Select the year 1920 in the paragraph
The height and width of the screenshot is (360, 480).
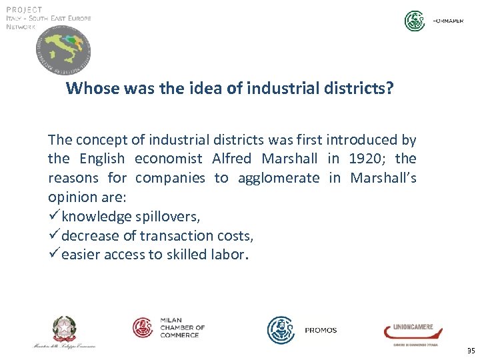tap(365, 159)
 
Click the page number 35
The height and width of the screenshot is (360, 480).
tap(471, 351)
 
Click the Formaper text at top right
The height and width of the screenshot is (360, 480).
tap(448, 21)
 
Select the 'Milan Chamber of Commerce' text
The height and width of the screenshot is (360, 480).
tap(182, 327)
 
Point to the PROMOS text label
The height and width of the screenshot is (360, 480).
tap(321, 330)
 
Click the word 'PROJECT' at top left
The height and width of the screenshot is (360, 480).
tap(24, 9)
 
